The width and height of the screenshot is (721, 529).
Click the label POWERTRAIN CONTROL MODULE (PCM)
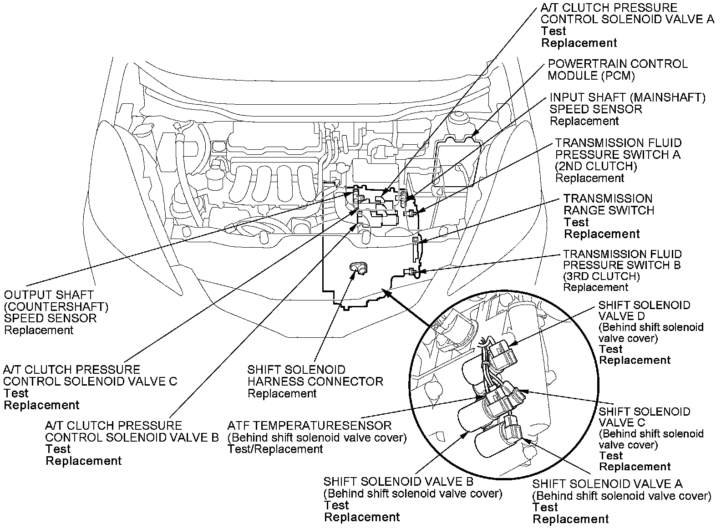(617, 70)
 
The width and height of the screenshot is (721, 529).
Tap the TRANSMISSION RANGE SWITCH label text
(609, 205)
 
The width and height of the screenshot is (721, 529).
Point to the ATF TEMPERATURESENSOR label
(309, 426)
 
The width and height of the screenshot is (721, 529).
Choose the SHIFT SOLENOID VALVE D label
(644, 310)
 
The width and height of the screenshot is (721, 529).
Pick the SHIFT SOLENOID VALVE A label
(607, 484)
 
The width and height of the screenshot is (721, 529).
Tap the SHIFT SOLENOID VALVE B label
(398, 482)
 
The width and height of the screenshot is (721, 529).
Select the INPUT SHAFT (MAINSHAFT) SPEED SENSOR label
(627, 103)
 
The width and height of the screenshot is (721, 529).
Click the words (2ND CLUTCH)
(596, 167)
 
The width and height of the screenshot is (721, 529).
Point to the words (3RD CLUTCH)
(601, 276)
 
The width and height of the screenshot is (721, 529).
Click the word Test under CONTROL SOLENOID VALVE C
(16, 393)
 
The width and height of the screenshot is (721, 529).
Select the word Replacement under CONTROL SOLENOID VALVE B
(84, 461)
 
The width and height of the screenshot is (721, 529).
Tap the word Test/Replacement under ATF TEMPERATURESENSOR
(275, 449)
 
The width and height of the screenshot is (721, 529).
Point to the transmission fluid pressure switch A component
(411, 213)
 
